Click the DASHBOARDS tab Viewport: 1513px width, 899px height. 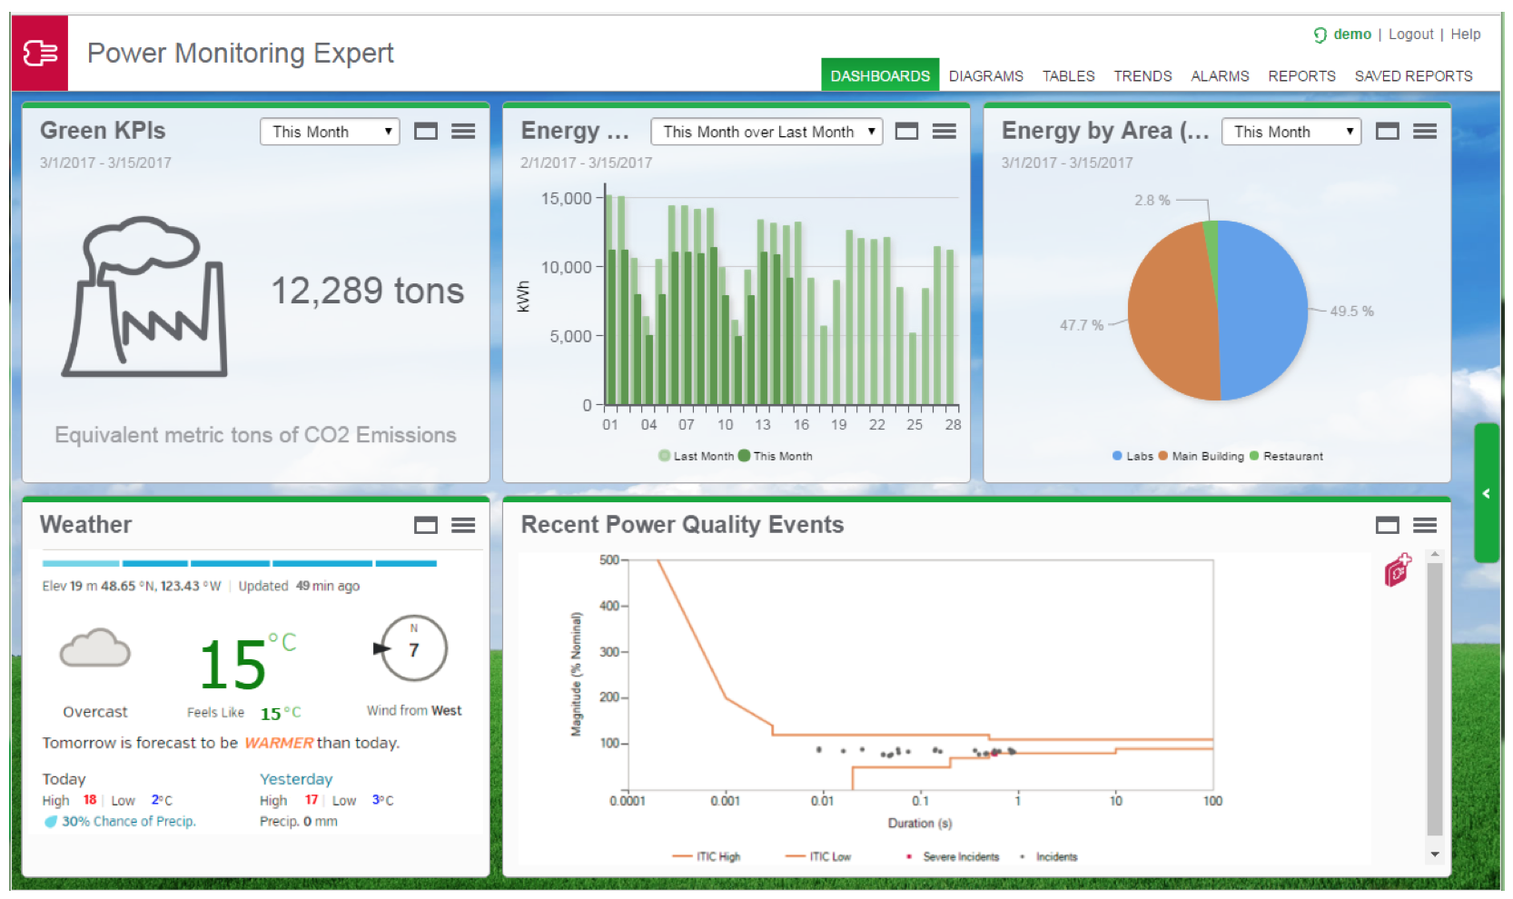click(x=879, y=75)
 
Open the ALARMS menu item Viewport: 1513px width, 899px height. click(x=1219, y=75)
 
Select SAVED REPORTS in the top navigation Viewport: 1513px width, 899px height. click(x=1413, y=75)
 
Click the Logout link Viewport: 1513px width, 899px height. click(x=1410, y=34)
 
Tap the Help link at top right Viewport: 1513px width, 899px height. click(x=1465, y=34)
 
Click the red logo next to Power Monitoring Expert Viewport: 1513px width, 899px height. click(x=40, y=53)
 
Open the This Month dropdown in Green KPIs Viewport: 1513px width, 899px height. click(x=330, y=132)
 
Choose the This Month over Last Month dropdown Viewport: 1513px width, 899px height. click(x=766, y=132)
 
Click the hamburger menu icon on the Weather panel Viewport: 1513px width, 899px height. click(x=463, y=525)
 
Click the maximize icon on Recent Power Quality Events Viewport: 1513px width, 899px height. click(x=1388, y=525)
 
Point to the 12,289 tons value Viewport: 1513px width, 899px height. click(x=368, y=291)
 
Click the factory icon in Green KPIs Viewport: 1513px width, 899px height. click(x=144, y=297)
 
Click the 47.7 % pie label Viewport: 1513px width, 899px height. click(x=1081, y=325)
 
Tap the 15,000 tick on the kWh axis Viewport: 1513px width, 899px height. click(x=566, y=199)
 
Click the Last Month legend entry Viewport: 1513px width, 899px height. click(x=697, y=456)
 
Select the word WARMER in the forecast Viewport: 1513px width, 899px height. click(x=278, y=743)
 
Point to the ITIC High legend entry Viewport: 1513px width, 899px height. click(x=707, y=856)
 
